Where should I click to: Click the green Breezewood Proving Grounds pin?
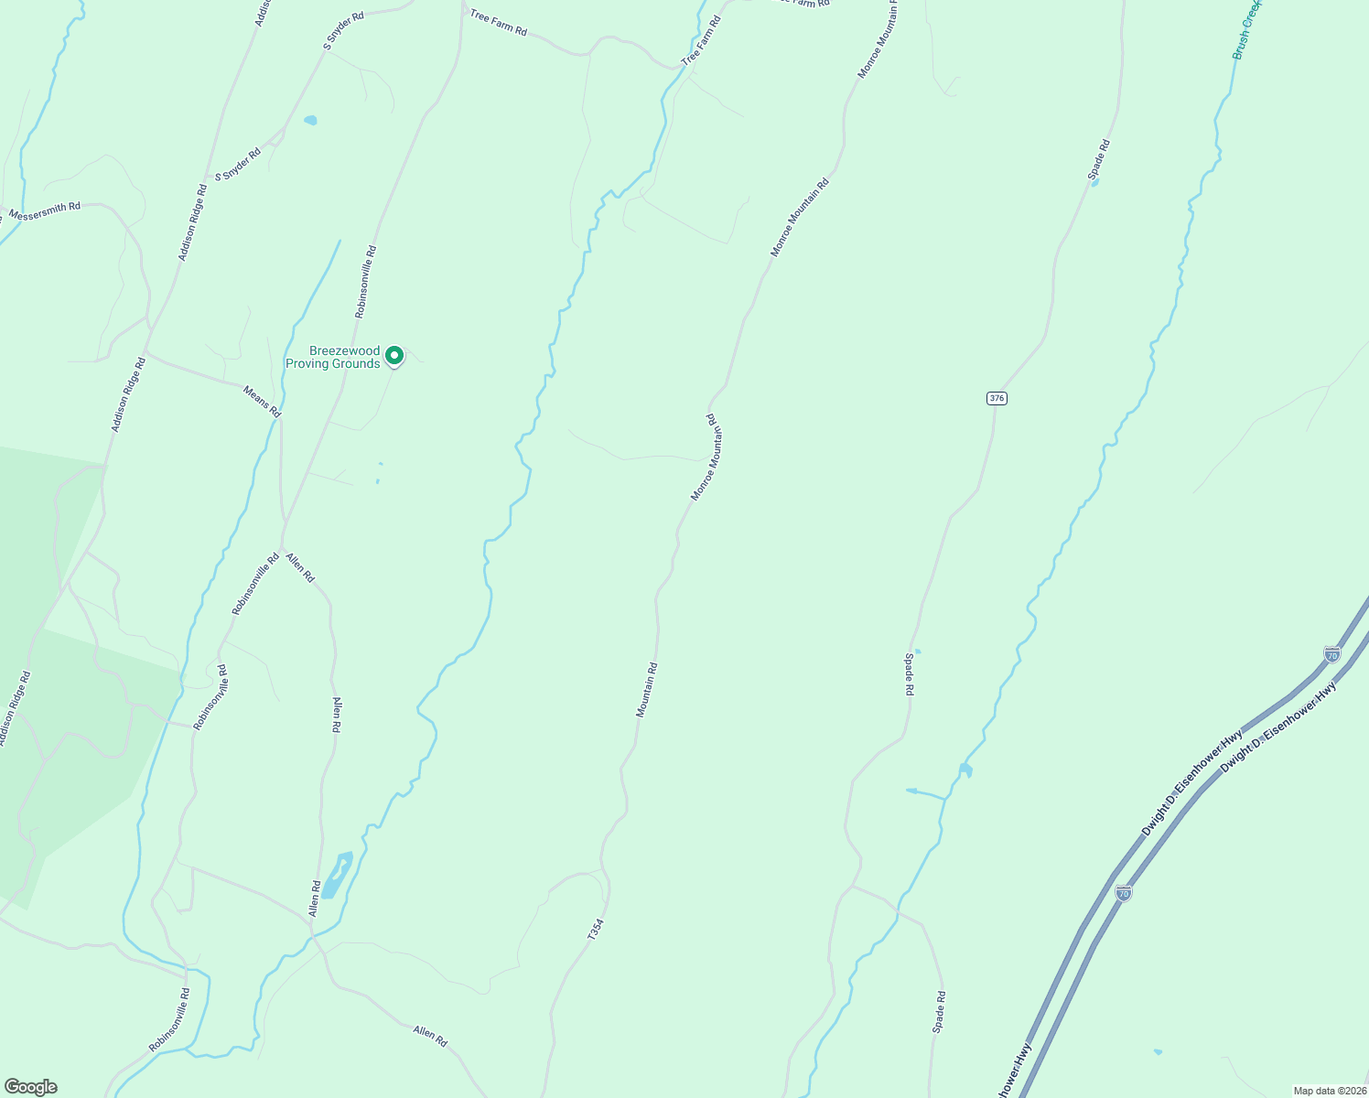394,355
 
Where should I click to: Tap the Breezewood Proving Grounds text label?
332,358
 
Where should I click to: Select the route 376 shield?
997,398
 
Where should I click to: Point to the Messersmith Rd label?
44,211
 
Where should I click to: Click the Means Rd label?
262,403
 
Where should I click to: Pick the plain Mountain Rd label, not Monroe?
647,690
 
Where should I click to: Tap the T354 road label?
596,931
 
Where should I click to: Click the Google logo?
30,1087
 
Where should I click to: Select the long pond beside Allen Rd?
337,876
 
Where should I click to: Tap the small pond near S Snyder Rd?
310,120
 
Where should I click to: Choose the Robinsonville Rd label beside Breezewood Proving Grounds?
366,281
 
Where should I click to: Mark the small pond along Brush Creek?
965,770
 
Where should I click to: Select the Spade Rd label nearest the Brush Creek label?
1098,159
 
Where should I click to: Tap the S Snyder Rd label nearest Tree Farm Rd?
343,30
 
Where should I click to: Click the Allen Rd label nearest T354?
429,1036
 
